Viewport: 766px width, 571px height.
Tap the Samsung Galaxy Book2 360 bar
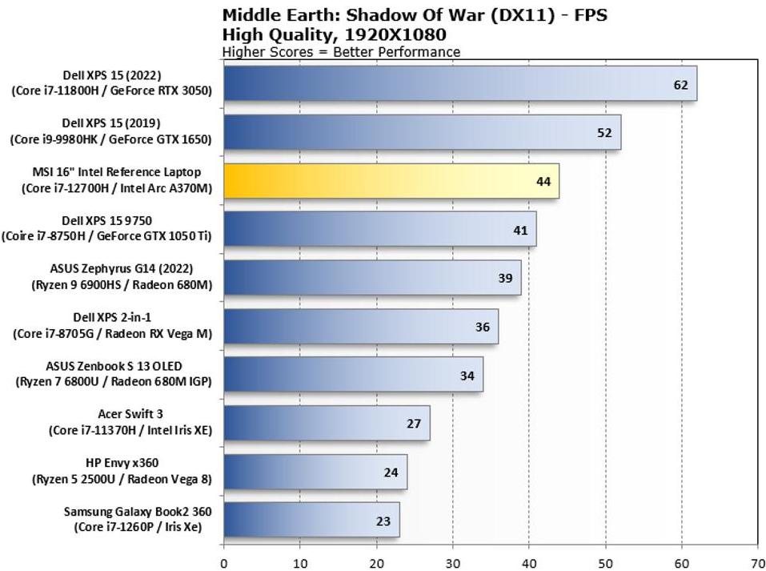(311, 520)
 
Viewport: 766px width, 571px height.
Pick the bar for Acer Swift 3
(327, 423)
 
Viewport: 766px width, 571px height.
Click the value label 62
(681, 84)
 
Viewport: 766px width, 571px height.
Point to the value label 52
(605, 133)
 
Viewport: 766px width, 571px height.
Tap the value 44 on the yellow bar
(543, 182)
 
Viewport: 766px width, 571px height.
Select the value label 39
(506, 278)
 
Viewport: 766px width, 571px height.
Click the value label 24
(391, 472)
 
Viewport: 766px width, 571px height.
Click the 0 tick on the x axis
(224, 562)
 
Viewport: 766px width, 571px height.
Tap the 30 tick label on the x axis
(453, 562)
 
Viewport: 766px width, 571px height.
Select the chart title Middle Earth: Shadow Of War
(419, 15)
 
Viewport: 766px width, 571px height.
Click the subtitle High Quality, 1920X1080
(334, 34)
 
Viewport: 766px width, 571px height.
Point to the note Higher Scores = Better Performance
(341, 52)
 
